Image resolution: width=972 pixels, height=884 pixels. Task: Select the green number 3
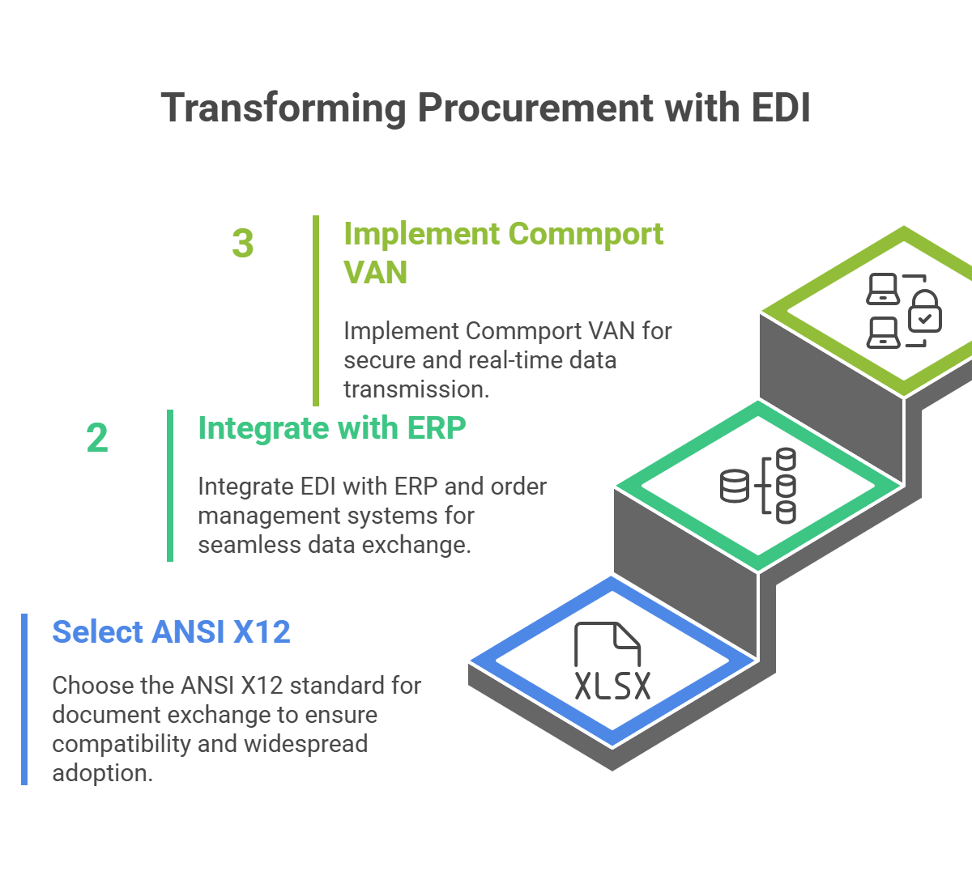[x=243, y=244]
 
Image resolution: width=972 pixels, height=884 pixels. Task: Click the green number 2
[x=97, y=438]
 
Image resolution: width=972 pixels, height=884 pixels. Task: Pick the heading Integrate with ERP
[x=332, y=428]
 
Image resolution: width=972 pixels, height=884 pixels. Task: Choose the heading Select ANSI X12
[x=172, y=631]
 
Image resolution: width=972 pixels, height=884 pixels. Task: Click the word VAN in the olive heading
[x=375, y=272]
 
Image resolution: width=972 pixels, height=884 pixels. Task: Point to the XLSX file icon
[x=612, y=663]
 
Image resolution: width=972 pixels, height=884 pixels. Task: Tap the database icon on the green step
[x=757, y=485]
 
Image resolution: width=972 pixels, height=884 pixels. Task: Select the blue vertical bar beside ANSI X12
[x=24, y=699]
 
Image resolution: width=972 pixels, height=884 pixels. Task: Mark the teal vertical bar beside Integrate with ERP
[x=170, y=485]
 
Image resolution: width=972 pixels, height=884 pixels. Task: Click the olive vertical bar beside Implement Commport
[x=316, y=310]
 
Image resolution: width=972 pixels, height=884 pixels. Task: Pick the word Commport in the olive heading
[x=586, y=234]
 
